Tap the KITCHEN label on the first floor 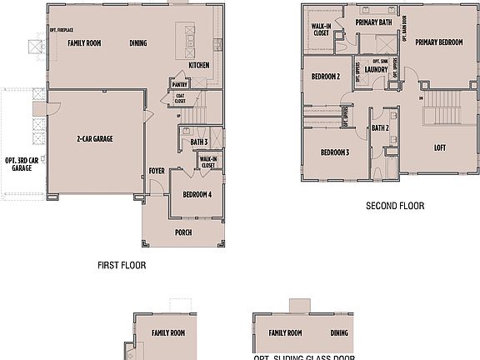click(198, 65)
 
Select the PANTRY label click(178, 84)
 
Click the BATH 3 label click(198, 142)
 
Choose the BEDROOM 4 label click(197, 194)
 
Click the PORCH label click(184, 232)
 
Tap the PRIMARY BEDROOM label click(438, 42)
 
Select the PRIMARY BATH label click(372, 22)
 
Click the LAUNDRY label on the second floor click(374, 70)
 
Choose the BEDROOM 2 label click(325, 77)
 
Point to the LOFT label click(439, 147)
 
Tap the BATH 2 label click(380, 127)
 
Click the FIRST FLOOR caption click(122, 266)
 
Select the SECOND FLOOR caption click(395, 206)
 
